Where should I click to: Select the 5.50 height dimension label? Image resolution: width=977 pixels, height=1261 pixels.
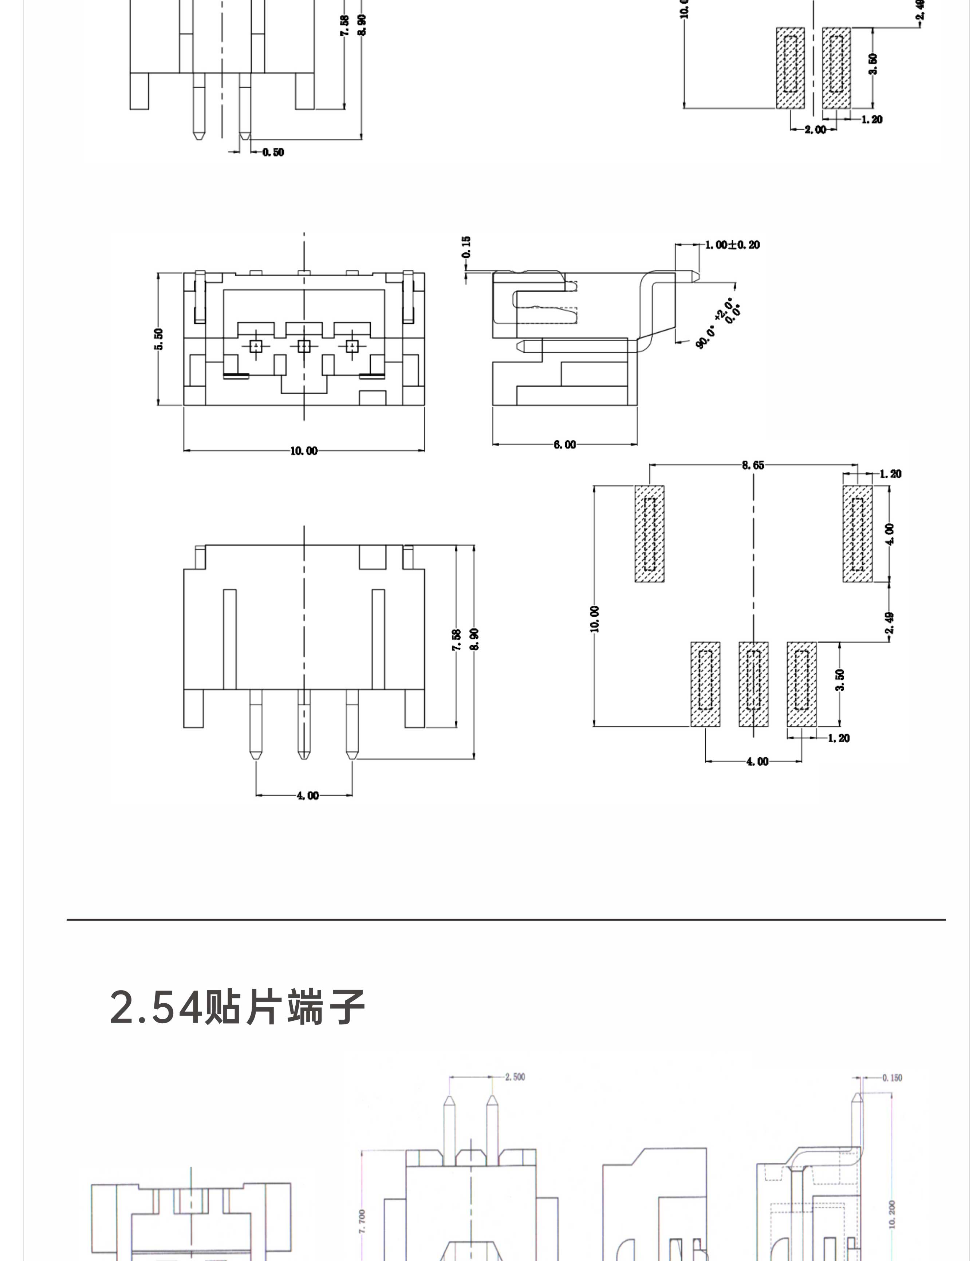coord(159,339)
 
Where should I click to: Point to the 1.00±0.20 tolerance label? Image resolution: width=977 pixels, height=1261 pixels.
coord(732,245)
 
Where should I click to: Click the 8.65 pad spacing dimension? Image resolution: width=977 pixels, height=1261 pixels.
coord(753,465)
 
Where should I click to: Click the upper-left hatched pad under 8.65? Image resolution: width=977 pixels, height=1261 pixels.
coord(650,534)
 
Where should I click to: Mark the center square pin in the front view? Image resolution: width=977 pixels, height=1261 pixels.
coord(304,346)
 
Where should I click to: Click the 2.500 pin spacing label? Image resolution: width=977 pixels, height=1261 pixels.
coord(515,1077)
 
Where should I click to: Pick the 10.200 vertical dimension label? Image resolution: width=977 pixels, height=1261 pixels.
coord(892,1214)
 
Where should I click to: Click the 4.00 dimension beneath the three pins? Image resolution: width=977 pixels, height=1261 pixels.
coord(307,796)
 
